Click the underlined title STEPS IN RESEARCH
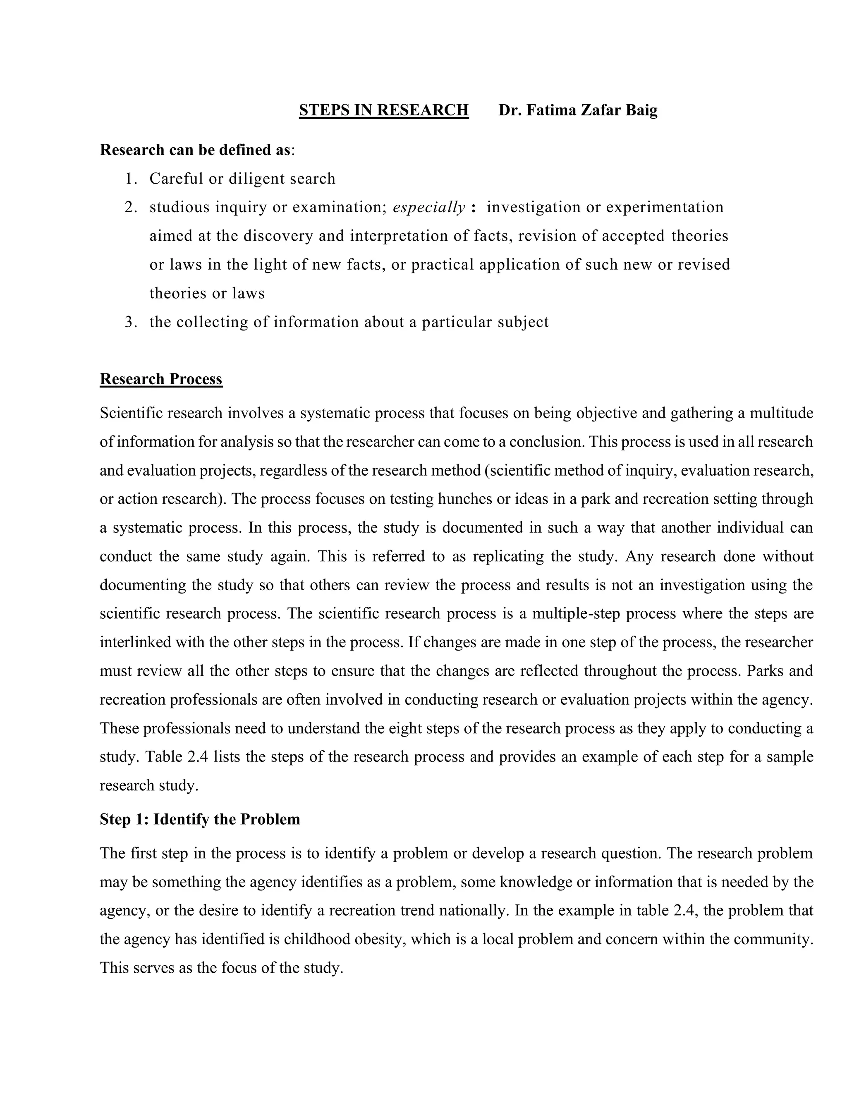click(383, 110)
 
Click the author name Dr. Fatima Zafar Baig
click(577, 110)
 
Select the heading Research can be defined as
click(195, 150)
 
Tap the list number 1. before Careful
click(131, 179)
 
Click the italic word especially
click(429, 207)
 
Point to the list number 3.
click(131, 322)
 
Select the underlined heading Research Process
click(161, 378)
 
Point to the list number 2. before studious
click(131, 207)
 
